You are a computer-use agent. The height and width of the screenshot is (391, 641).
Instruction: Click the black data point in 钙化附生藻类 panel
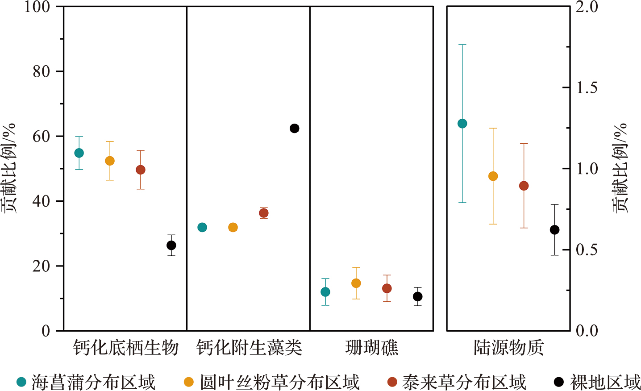[294, 129]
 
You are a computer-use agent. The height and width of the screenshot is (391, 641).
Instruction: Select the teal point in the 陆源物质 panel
[462, 124]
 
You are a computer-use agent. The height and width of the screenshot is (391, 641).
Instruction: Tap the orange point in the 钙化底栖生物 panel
[110, 161]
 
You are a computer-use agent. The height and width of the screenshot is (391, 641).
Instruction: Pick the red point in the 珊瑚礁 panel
[387, 288]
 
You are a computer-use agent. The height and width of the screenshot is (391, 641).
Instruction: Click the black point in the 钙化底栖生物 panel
[171, 245]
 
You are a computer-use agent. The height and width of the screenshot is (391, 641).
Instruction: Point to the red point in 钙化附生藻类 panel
[264, 213]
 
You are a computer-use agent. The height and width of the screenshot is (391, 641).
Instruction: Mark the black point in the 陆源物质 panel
[554, 230]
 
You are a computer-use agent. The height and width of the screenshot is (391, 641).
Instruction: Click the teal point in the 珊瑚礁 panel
[325, 292]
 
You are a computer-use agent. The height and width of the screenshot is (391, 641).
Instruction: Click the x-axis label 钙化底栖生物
[125, 348]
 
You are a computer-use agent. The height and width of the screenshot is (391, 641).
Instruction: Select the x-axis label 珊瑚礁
[371, 348]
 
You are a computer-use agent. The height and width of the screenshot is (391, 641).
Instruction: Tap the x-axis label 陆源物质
[508, 348]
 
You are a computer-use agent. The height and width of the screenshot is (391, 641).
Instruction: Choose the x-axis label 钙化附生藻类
[249, 348]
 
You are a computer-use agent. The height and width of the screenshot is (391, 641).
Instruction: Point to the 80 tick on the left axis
[41, 71]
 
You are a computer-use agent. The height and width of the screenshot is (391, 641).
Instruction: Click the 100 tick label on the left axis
[37, 7]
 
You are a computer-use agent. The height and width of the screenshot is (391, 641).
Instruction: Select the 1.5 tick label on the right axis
[587, 88]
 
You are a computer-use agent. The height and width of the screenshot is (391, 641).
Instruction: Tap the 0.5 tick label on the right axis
[587, 250]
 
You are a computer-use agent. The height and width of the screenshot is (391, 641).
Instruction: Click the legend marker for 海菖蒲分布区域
[21, 382]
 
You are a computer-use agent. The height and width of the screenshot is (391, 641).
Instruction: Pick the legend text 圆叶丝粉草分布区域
[279, 383]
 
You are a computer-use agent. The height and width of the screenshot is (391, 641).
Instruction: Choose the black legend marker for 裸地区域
[558, 382]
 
